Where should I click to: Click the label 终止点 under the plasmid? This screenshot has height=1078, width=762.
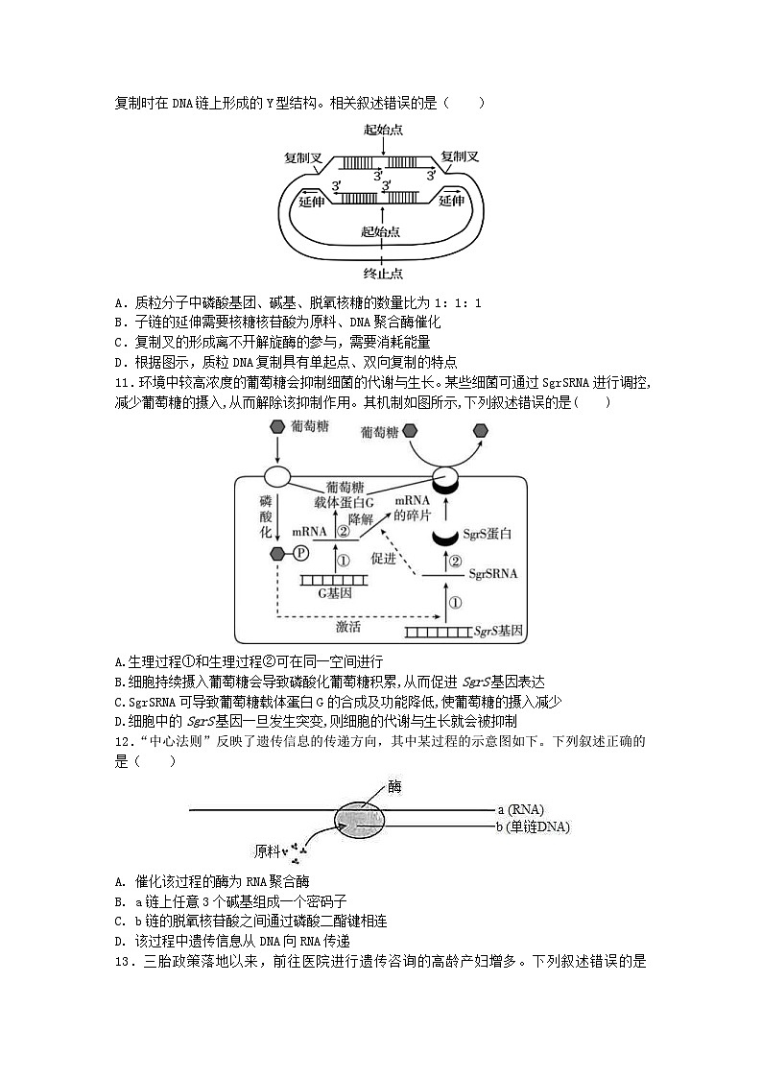click(382, 273)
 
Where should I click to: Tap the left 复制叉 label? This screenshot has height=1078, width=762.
click(302, 156)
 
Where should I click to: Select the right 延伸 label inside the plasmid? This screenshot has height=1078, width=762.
click(452, 201)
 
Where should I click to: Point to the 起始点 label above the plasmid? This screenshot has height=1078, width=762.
click(382, 130)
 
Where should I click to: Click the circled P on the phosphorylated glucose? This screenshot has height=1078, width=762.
click(300, 554)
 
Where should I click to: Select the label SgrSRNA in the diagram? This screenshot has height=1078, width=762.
click(493, 574)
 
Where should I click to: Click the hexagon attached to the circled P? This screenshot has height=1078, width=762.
click(278, 554)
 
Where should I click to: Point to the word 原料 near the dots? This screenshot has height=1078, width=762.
click(266, 850)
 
